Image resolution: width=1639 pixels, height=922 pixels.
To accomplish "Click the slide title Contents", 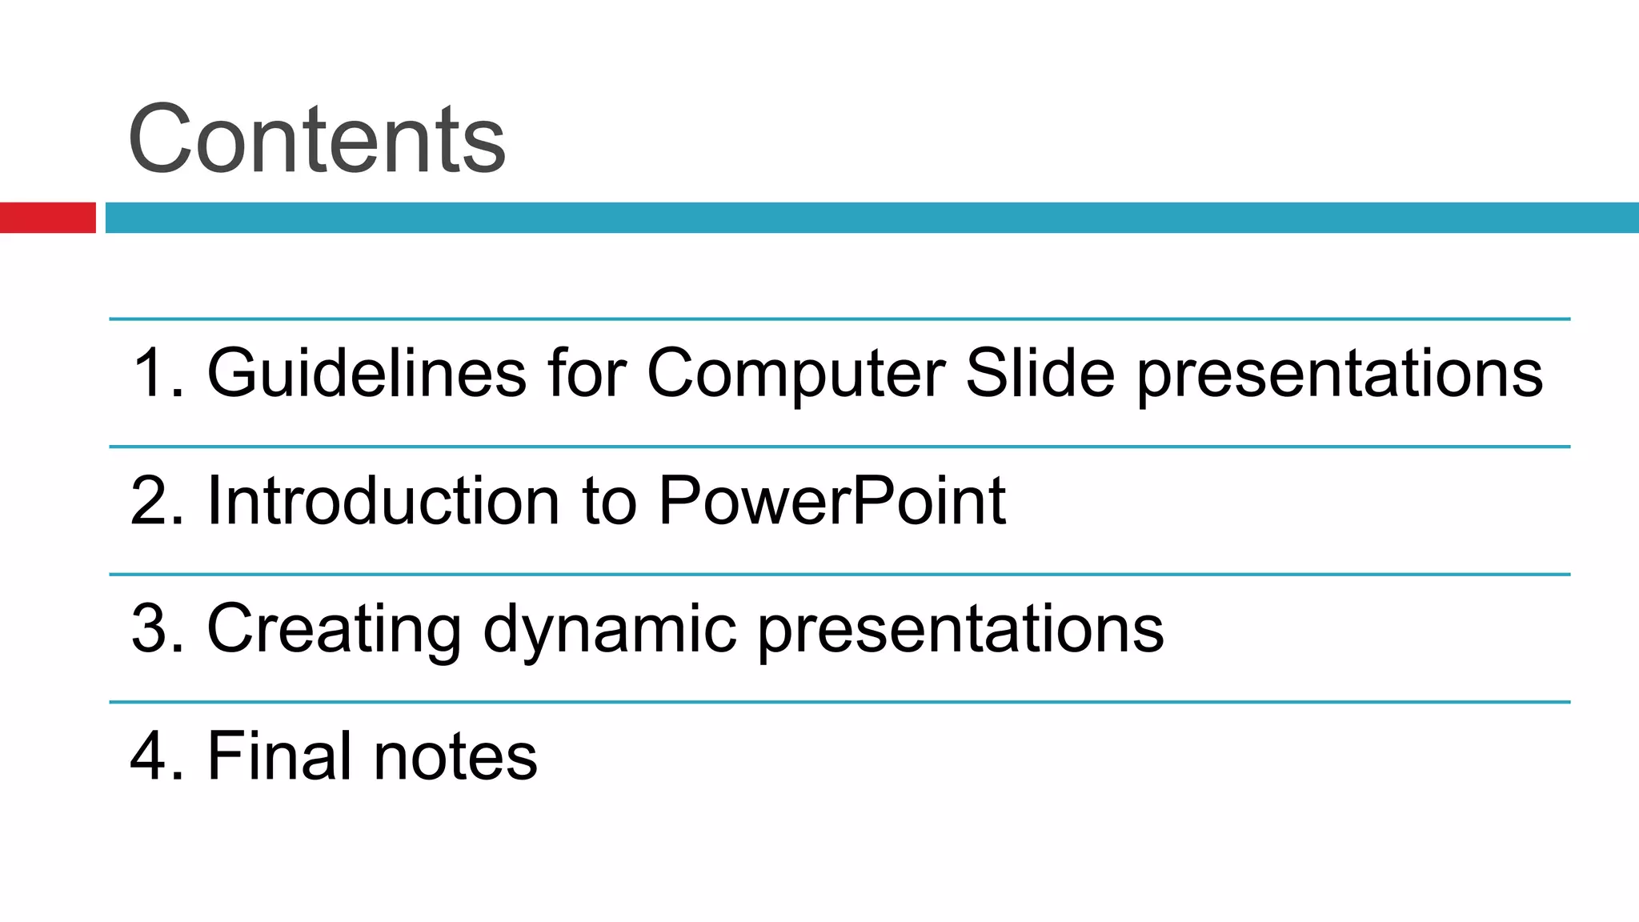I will click(x=317, y=140).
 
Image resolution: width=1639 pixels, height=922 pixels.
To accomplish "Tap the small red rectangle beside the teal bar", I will click(x=47, y=218).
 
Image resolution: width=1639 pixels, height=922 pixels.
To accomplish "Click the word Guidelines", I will click(x=367, y=373).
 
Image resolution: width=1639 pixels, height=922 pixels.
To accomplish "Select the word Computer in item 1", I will click(x=796, y=375).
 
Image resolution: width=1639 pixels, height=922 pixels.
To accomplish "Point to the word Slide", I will click(x=1040, y=373).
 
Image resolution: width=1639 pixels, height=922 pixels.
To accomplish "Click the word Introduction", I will click(x=383, y=501).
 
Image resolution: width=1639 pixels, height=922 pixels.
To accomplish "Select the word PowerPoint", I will click(x=832, y=501).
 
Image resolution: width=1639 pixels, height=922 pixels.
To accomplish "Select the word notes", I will click(x=455, y=757).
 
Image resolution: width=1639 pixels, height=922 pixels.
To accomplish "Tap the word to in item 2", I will click(x=609, y=503).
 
